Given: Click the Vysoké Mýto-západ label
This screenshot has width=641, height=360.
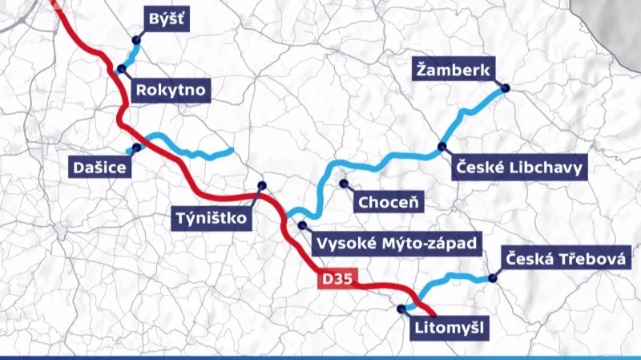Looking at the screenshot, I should [397, 243].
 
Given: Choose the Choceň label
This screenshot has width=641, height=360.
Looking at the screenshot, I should [389, 201].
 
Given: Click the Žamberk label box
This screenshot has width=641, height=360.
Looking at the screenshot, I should [452, 71].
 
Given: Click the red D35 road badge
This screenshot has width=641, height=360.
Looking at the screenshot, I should [337, 278].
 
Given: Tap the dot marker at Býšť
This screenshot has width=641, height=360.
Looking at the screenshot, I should [137, 39].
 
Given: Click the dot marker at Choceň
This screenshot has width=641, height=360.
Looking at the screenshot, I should [344, 184].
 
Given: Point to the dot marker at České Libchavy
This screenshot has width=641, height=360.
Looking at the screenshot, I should [441, 147].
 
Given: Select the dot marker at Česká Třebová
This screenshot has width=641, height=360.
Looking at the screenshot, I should [493, 279].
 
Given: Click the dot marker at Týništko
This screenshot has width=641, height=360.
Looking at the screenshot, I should [261, 186].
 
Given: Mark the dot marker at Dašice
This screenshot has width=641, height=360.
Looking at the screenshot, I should [136, 148].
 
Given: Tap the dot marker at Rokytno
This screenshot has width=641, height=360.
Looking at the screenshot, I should [123, 68].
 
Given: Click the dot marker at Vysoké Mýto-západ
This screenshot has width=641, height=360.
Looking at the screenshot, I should [302, 225].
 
